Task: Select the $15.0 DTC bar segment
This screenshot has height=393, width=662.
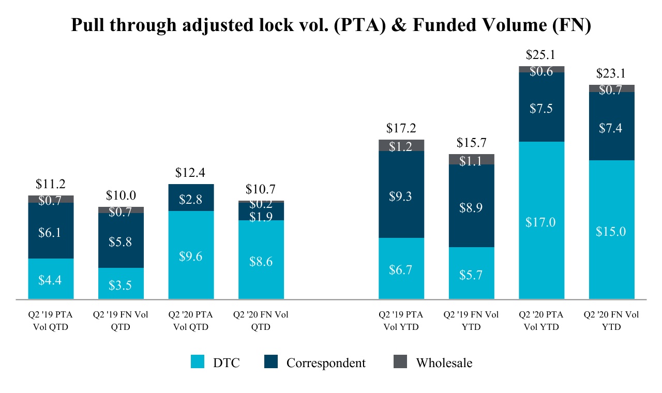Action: pyautogui.click(x=612, y=230)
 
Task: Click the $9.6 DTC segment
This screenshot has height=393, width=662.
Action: pyautogui.click(x=191, y=255)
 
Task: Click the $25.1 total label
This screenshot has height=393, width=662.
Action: pyautogui.click(x=540, y=55)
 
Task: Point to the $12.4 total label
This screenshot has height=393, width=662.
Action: pyautogui.click(x=190, y=173)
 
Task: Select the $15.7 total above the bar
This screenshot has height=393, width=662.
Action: pyautogui.click(x=471, y=143)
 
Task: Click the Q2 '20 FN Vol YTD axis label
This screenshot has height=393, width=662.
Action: pyautogui.click(x=611, y=321)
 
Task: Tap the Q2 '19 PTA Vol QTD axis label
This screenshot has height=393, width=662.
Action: pyautogui.click(x=50, y=321)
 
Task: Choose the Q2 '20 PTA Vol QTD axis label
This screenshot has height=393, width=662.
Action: pyautogui.click(x=190, y=321)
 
